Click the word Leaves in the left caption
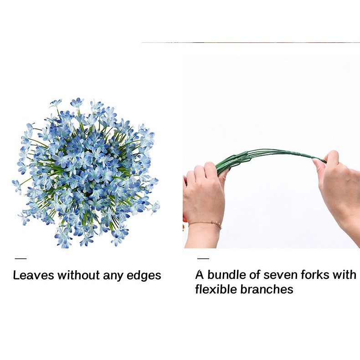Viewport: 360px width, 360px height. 33,275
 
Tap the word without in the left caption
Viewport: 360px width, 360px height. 78,275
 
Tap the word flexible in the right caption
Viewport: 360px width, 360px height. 216,289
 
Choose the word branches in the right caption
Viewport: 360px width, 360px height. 267,289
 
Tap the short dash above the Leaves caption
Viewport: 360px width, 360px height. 21,259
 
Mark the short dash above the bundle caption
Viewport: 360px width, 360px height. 203,258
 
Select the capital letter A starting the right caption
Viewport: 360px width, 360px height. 200,275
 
